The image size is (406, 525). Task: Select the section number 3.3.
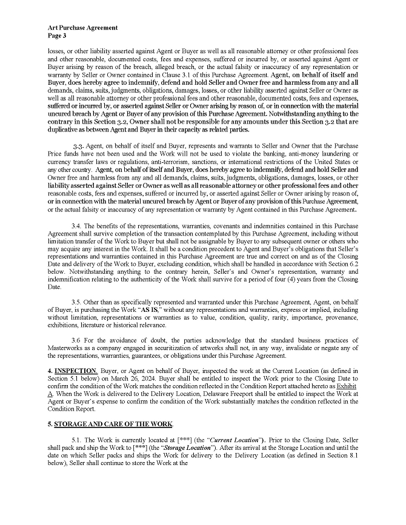[79, 147]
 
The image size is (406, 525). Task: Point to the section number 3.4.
[77, 226]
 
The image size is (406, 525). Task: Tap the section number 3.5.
[77, 300]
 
